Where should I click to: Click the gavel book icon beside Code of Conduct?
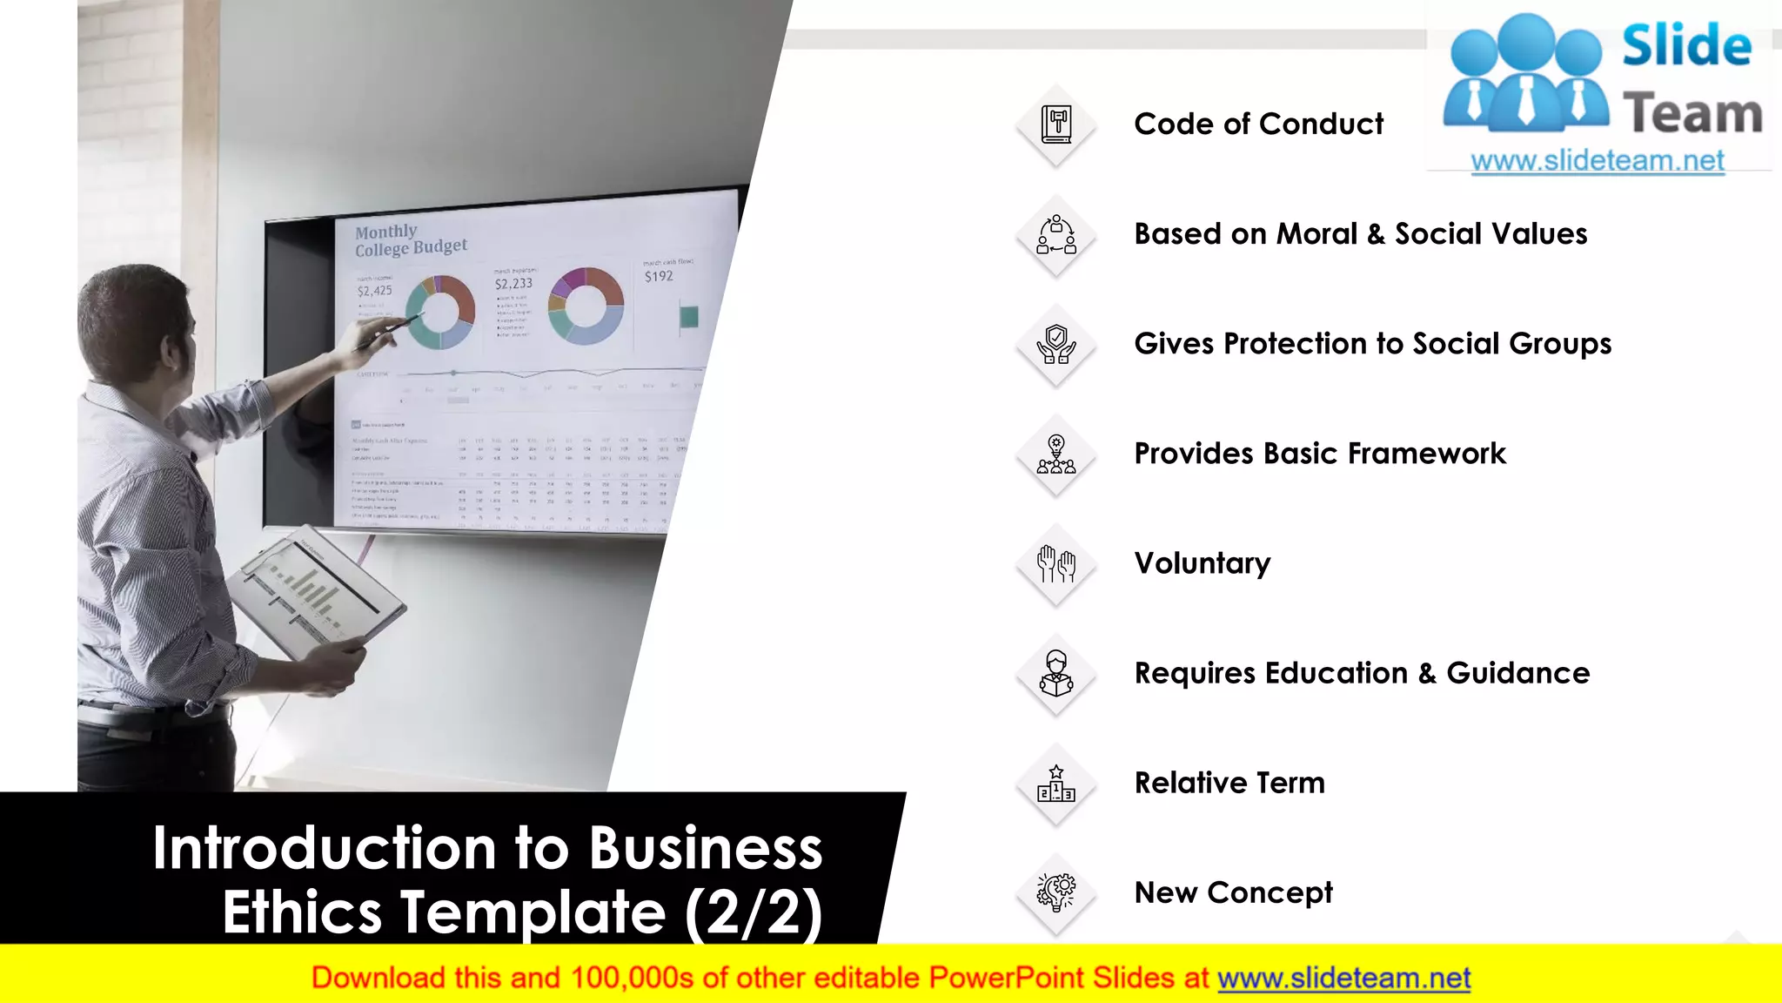point(1056,125)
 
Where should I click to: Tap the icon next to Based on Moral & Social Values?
point(1056,234)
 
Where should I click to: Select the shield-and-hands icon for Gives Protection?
point(1056,344)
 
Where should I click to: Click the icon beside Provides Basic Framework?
point(1056,454)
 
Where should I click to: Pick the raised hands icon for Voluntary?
point(1056,563)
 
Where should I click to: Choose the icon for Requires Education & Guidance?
point(1056,673)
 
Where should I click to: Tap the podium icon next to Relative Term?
point(1056,783)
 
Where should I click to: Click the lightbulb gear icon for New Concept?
point(1056,892)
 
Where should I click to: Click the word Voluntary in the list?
point(1202,563)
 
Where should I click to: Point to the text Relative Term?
point(1229,783)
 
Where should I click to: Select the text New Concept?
point(1233,892)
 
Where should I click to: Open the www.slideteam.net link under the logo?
point(1598,161)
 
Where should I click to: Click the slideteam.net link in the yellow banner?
point(1343,978)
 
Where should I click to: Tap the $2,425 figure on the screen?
point(375,291)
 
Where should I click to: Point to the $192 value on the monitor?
point(659,276)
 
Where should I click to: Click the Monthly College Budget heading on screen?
point(410,240)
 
